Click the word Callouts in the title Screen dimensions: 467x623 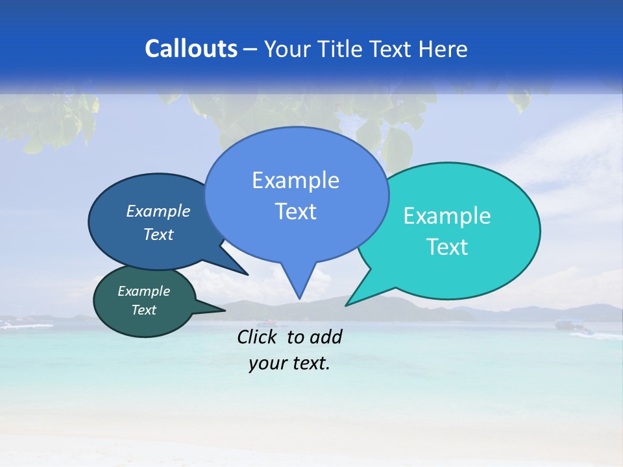point(191,49)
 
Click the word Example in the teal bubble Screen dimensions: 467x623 point(447,216)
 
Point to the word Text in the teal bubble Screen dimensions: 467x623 point(447,247)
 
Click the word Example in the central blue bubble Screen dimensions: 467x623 point(295,180)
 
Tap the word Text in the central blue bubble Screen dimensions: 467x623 point(295,211)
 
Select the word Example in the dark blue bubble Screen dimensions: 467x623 point(158,211)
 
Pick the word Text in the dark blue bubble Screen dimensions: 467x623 point(158,234)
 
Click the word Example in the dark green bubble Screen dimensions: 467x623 point(144,291)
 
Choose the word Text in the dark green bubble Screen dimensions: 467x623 point(144,310)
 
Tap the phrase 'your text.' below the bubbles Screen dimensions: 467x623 point(289,364)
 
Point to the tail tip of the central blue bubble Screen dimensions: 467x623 point(299,297)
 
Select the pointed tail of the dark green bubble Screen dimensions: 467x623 point(221,309)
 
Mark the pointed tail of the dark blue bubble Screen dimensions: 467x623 point(245,273)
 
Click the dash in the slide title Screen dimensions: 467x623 point(250,49)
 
